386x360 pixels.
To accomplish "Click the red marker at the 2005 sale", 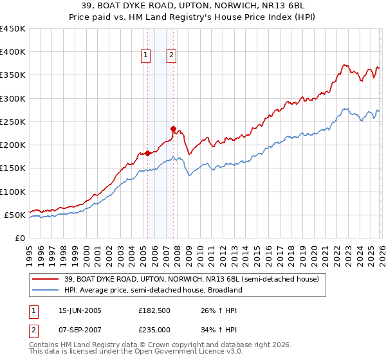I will (147, 153).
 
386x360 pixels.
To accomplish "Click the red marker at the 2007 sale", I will (173, 129).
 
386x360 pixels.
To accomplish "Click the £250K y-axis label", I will (13, 122).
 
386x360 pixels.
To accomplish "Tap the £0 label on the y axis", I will (19, 238).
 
